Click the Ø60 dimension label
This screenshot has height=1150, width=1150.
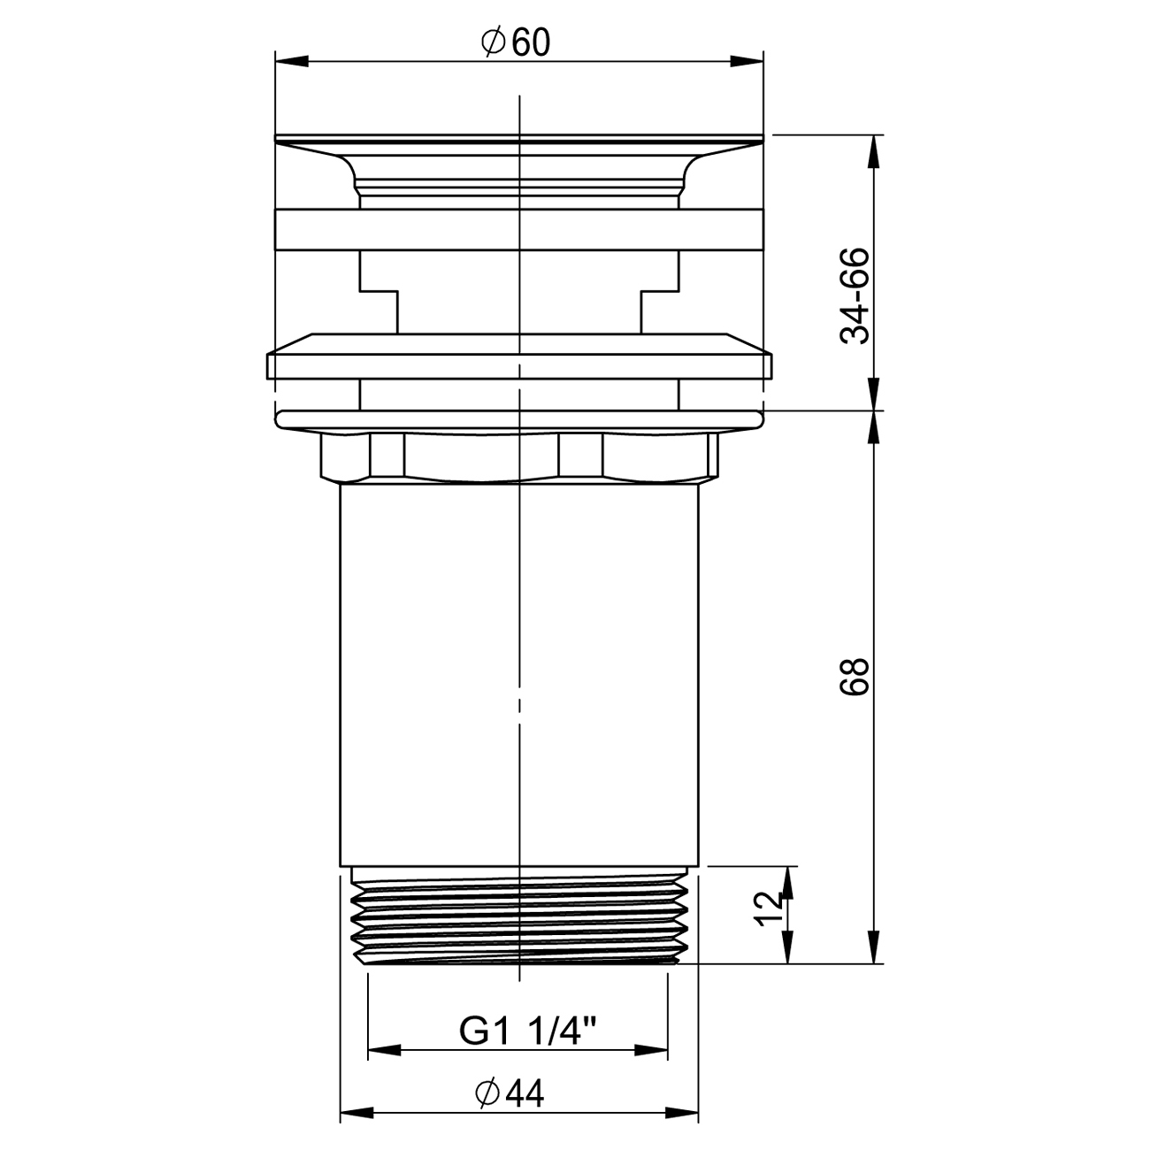coord(516,42)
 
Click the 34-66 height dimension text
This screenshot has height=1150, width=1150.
coord(855,295)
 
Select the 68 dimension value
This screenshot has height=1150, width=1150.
coord(855,676)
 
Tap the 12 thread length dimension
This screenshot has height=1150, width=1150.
coord(768,908)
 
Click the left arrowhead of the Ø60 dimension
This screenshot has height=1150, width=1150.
coord(292,61)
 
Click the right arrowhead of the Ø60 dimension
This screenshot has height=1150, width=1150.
coord(747,61)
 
